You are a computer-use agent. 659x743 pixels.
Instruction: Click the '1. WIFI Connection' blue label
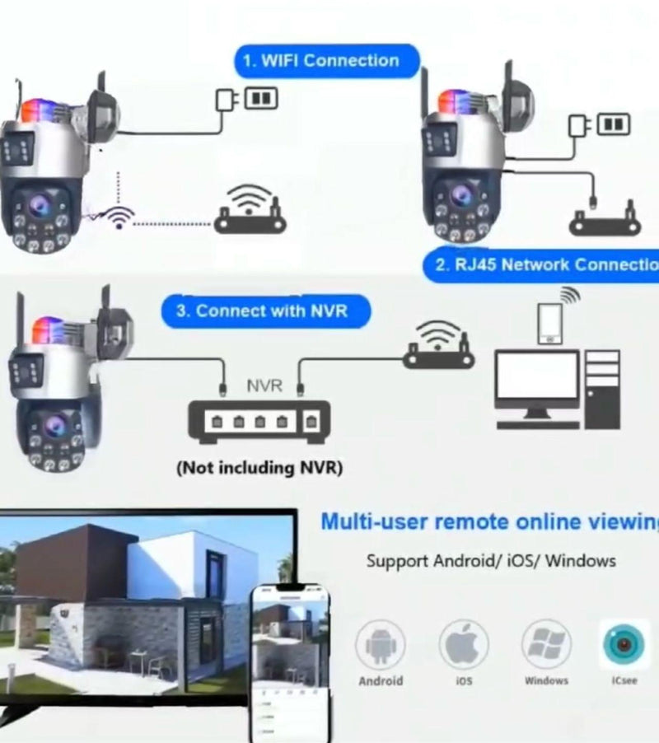328,61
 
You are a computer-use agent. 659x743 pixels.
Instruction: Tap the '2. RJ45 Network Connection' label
544,264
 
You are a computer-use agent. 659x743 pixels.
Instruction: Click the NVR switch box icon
259,420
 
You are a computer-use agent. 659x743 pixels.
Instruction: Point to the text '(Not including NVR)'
259,468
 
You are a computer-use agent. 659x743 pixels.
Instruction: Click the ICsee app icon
624,645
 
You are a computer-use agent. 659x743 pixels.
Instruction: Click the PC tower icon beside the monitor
602,389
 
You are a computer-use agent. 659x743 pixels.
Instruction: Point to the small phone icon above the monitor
549,321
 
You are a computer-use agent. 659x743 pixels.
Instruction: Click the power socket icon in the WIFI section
260,99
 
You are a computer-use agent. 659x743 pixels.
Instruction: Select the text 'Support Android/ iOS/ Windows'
491,561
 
